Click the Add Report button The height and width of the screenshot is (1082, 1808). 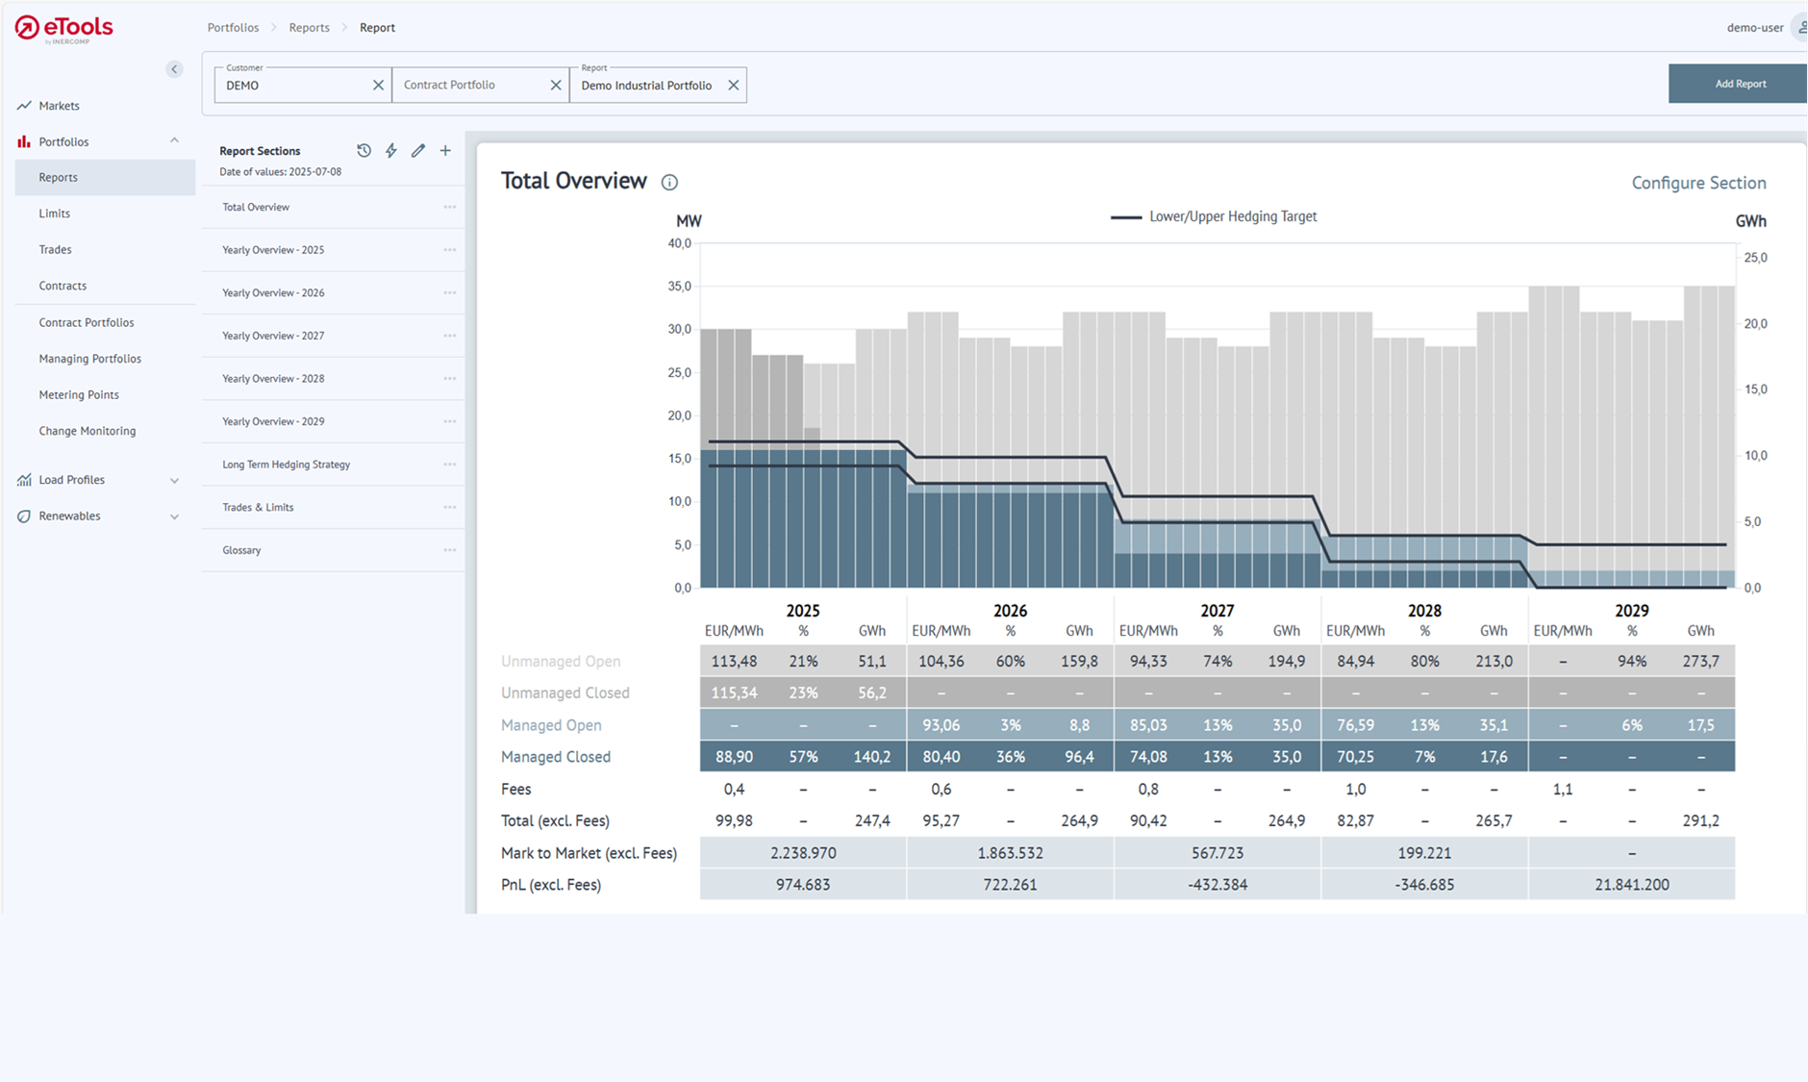pos(1739,84)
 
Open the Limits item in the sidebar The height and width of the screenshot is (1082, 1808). pos(55,214)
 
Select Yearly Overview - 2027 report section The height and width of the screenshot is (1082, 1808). pos(273,336)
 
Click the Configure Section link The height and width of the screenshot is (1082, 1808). pos(1698,183)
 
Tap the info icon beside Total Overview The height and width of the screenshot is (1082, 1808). pos(669,183)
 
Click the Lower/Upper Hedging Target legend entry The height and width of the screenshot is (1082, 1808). pos(1214,216)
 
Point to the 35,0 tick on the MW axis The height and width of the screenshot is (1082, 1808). pos(679,287)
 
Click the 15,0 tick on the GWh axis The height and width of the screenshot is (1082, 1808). pos(1755,390)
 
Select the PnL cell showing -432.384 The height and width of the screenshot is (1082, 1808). pos(1217,885)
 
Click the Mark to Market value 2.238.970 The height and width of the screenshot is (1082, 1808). pos(803,853)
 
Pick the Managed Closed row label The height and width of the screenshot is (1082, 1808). pos(556,757)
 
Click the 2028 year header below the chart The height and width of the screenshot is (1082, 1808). pos(1424,611)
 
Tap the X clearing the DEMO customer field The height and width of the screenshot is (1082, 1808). pos(378,86)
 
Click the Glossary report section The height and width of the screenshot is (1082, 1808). pos(242,550)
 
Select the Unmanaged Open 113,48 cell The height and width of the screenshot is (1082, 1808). pos(734,662)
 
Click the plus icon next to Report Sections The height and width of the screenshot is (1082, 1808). pos(445,151)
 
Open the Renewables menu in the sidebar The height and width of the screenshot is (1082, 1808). pos(69,516)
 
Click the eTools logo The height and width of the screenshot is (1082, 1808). pos(64,29)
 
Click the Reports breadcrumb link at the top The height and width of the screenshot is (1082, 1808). pos(309,28)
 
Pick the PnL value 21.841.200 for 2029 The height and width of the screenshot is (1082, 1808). pos(1631,885)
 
